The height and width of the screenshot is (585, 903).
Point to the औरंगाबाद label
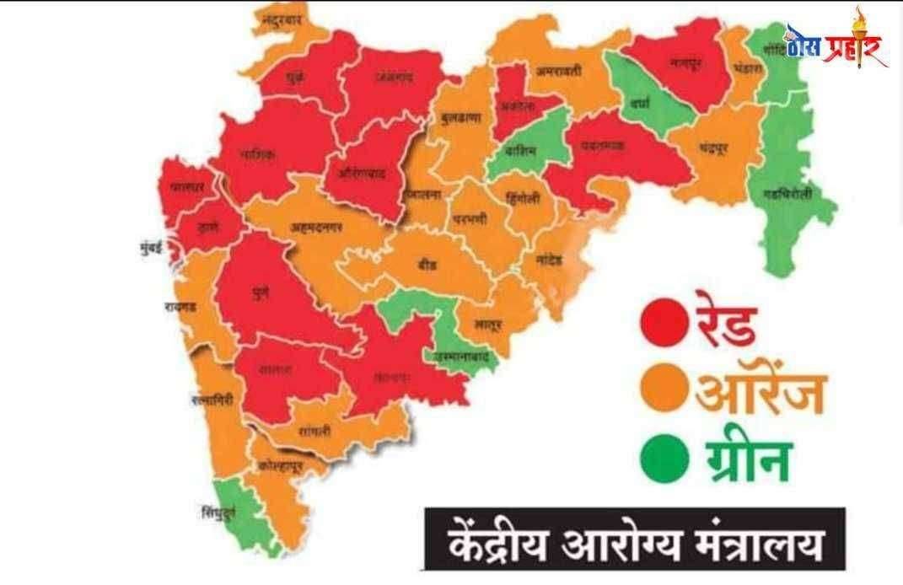tap(362, 173)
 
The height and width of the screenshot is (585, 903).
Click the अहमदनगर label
tap(316, 227)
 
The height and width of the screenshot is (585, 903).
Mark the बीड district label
tap(427, 263)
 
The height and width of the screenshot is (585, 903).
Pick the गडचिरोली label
tap(790, 194)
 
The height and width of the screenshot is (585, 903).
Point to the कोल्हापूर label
tap(282, 464)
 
